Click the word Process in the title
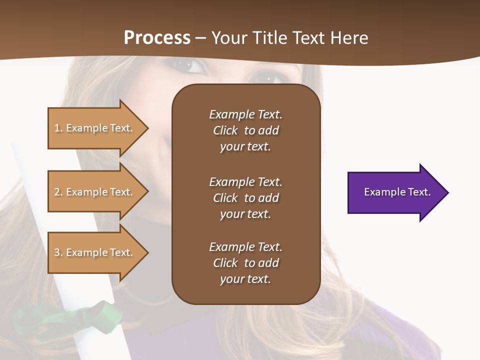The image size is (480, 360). click(x=157, y=38)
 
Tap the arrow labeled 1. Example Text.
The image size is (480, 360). click(x=95, y=128)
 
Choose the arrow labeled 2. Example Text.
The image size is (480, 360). click(x=95, y=192)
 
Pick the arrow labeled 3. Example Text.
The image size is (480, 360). click(x=95, y=252)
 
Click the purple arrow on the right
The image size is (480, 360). click(x=395, y=192)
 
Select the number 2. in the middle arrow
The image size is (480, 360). click(x=58, y=192)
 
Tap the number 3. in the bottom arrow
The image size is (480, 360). click(x=58, y=252)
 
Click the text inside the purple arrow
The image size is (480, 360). click(x=397, y=192)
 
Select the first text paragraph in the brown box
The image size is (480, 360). click(x=245, y=130)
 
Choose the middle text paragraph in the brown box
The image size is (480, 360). click(x=245, y=198)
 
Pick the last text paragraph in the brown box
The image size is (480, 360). click(x=245, y=263)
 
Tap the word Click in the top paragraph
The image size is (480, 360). click(x=225, y=130)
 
